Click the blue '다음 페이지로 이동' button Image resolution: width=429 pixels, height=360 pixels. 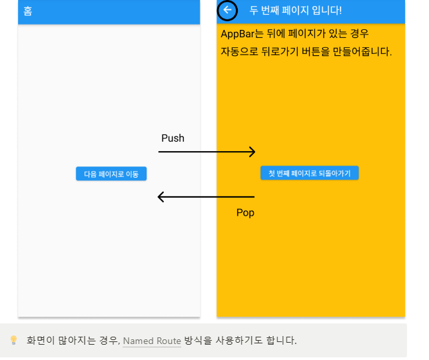[x=111, y=174]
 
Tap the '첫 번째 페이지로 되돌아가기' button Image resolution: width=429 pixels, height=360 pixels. [x=309, y=173]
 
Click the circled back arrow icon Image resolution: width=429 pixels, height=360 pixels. [x=228, y=10]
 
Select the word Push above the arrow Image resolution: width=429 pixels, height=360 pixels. [x=173, y=138]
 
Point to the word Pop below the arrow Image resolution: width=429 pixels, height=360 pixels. [x=245, y=213]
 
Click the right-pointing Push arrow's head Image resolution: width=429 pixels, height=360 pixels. [x=252, y=152]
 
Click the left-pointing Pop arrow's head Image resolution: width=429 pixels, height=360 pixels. [x=161, y=197]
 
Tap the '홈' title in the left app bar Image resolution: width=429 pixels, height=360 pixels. [x=27, y=11]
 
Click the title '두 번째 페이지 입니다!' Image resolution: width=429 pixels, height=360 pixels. [x=295, y=11]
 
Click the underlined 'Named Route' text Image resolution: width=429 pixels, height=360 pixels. [x=152, y=341]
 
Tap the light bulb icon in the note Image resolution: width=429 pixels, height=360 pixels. [x=13, y=341]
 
